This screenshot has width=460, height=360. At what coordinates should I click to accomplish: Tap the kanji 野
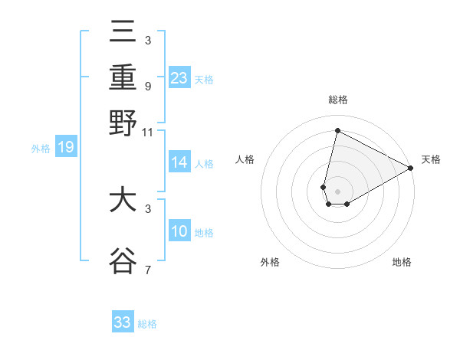tap(123, 123)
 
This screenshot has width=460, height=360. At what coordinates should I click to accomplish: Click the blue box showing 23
tap(179, 77)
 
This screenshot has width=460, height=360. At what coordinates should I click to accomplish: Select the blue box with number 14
tap(179, 162)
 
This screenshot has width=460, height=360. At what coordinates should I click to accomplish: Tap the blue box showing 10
tap(179, 231)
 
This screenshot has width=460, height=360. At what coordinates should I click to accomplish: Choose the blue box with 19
tap(66, 148)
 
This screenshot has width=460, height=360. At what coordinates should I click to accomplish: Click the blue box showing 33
tap(123, 322)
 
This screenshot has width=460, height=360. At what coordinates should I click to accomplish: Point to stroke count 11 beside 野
tap(148, 132)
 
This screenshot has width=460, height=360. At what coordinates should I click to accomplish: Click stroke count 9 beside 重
tap(147, 86)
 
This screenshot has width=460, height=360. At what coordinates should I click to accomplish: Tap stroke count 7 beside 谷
tap(147, 270)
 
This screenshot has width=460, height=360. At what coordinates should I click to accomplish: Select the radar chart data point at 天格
tap(411, 169)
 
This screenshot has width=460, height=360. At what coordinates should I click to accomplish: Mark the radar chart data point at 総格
tap(337, 130)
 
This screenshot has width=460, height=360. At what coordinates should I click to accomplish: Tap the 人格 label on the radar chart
tap(245, 159)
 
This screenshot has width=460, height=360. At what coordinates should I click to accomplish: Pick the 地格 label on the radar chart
tap(402, 262)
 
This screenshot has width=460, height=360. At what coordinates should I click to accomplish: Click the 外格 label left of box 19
tap(41, 149)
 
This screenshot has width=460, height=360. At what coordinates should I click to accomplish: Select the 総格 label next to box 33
tap(147, 324)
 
